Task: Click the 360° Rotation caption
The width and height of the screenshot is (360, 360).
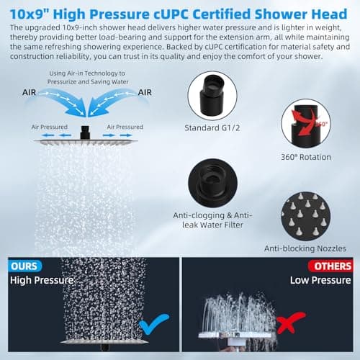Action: [x=307, y=156]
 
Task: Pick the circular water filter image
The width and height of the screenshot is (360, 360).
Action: [x=213, y=183]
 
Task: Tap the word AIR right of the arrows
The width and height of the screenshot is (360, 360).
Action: [x=145, y=92]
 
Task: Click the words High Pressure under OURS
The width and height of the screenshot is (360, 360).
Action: [x=42, y=280]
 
